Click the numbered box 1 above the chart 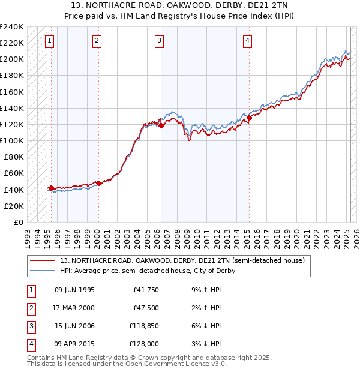[49, 41]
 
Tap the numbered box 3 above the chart [159, 41]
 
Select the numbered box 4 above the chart [247, 41]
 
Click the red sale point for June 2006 [161, 125]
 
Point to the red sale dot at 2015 [249, 118]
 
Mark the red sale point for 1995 [51, 188]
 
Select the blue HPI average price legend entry [147, 271]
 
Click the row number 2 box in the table [31, 308]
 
